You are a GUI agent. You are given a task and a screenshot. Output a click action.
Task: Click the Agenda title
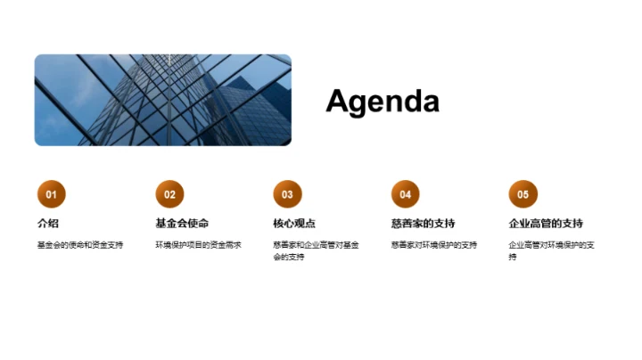tap(383, 102)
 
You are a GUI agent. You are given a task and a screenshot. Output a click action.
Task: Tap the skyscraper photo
tap(163, 100)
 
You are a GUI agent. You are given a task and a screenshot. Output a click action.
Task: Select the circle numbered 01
tap(51, 194)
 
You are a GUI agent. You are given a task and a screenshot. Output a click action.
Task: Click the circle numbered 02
tap(169, 194)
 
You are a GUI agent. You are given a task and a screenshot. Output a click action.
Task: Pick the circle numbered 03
tap(287, 194)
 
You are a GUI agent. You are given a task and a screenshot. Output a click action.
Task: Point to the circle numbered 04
tap(405, 194)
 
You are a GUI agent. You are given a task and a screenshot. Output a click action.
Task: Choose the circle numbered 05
tap(523, 194)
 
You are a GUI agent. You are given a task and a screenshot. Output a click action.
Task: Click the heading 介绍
tap(48, 223)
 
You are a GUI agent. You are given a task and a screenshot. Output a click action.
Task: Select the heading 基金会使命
tap(182, 223)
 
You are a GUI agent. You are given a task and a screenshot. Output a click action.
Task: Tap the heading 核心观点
tap(294, 223)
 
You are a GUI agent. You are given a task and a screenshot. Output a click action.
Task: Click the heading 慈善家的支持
tap(423, 223)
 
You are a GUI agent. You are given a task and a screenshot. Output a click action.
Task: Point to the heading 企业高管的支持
tap(546, 223)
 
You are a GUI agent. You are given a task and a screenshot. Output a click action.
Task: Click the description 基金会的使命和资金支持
tap(80, 245)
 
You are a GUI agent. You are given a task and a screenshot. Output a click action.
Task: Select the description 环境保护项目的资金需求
tap(198, 245)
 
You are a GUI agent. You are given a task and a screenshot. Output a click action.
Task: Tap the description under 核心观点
tap(316, 250)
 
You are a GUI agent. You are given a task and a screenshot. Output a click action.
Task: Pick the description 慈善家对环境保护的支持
tap(433, 245)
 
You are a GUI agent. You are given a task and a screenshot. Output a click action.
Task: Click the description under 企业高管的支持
tap(551, 250)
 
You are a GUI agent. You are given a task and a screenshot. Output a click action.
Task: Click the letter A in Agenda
tap(337, 102)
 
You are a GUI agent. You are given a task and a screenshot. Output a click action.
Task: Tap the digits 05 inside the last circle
tap(523, 194)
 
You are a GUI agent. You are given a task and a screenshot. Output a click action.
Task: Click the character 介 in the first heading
tap(42, 223)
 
